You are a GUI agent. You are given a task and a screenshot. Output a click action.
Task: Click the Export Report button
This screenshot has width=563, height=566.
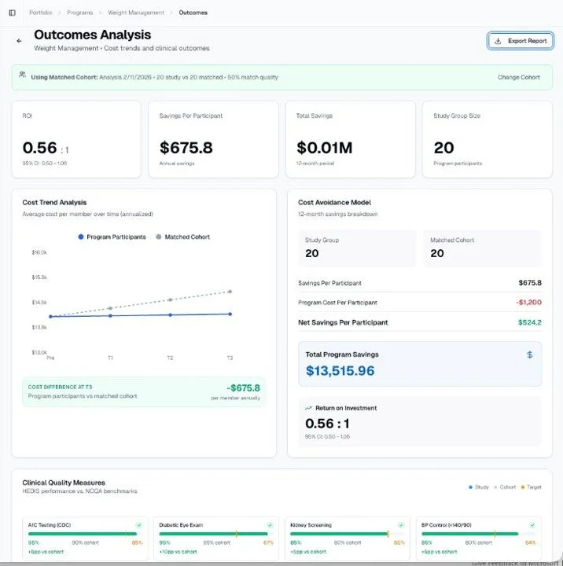point(521,41)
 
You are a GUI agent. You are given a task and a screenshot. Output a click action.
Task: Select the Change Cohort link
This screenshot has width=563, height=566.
point(519,78)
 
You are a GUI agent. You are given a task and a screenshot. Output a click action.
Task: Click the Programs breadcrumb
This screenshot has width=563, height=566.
point(79,13)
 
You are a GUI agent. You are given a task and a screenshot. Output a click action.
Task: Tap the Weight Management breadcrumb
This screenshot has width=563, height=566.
point(135,13)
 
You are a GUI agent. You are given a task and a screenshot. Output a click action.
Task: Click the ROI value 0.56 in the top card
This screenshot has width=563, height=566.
point(40,148)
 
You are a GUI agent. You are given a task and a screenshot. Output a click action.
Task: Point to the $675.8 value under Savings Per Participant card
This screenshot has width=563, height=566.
point(186,148)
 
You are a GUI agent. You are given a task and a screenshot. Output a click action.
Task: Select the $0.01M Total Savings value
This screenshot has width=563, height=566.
point(324,148)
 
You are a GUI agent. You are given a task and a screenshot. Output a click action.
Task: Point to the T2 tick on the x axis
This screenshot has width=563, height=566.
point(170,358)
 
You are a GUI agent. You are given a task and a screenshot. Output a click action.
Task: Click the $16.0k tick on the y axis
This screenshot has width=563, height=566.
point(39,252)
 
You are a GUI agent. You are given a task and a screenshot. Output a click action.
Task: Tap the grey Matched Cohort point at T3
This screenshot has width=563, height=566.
point(230,292)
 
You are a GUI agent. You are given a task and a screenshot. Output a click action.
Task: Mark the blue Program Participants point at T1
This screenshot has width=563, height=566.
point(110,316)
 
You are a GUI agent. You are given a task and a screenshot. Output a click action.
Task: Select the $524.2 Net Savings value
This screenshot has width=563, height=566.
point(529,322)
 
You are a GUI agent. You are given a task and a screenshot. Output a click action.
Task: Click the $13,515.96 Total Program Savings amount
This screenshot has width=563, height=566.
point(340,371)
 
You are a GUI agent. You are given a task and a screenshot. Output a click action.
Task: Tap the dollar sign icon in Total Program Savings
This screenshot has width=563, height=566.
point(529,355)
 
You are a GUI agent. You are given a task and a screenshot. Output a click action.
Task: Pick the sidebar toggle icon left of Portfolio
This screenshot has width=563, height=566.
point(12,13)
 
